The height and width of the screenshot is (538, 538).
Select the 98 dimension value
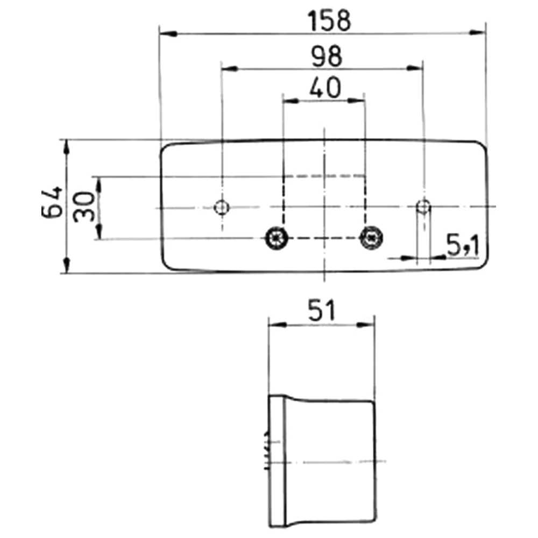pos(325,56)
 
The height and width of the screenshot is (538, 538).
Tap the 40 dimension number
pos(325,88)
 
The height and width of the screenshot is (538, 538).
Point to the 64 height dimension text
pos(52,203)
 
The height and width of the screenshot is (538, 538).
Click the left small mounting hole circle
pos(221,207)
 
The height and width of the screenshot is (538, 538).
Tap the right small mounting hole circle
pos(424,207)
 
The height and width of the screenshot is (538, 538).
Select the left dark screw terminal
pos(277,237)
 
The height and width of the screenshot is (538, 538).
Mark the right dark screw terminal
pos(370,237)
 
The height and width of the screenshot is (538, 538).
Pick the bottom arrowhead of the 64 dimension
pos(67,266)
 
